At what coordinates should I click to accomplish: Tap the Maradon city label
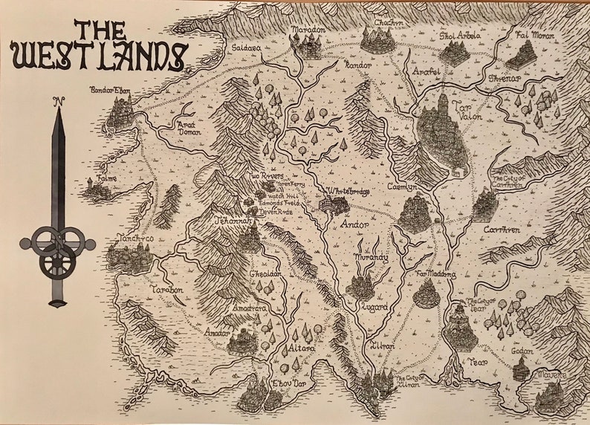click(308, 30)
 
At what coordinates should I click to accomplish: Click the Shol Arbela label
click(461, 35)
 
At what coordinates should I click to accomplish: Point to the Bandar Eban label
click(111, 91)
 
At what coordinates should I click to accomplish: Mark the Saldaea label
click(247, 46)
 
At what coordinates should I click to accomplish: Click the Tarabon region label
click(167, 289)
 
